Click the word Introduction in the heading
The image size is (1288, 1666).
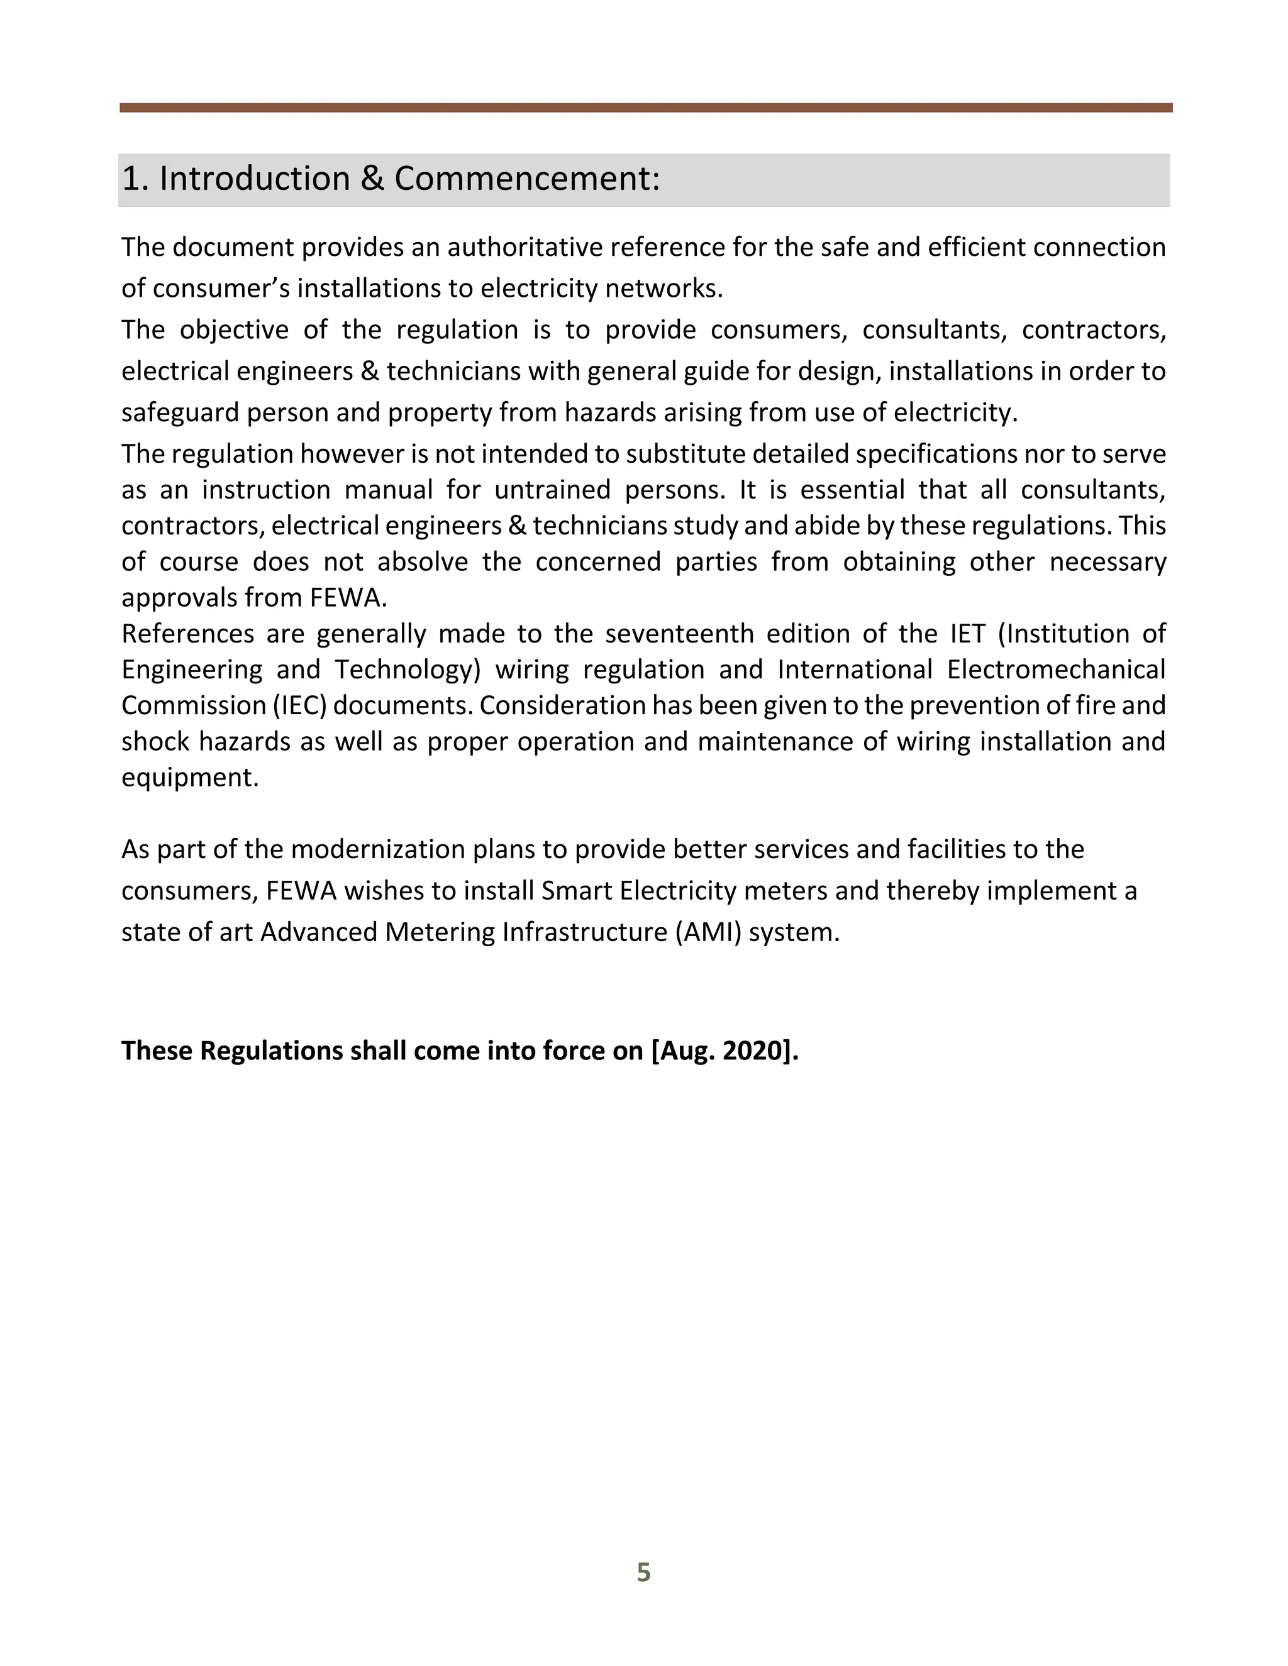point(254,179)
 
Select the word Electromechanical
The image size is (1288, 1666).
point(1056,670)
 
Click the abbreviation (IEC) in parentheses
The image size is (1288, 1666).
point(300,705)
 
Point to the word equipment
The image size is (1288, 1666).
point(190,778)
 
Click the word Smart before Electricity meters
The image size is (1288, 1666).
point(577,891)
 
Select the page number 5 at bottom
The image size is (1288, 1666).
point(643,1572)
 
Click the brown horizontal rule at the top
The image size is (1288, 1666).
point(645,108)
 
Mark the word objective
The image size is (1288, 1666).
point(233,330)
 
